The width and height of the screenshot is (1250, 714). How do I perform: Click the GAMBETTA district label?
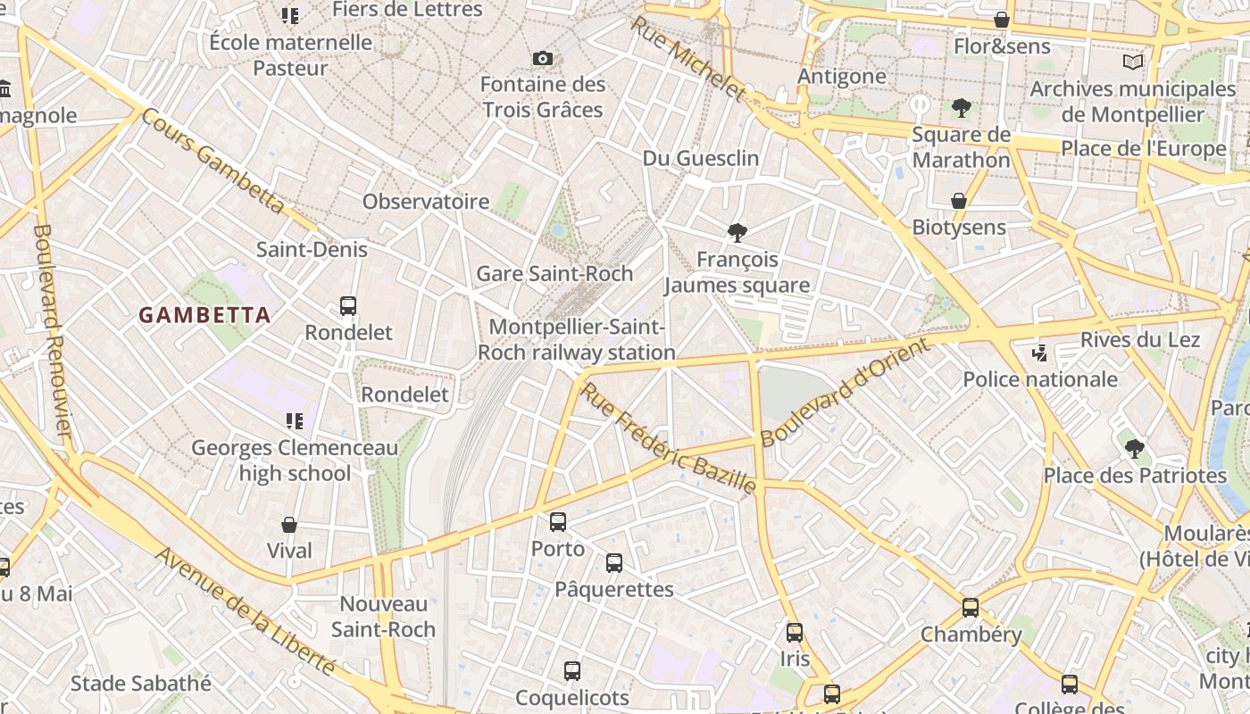[x=204, y=314]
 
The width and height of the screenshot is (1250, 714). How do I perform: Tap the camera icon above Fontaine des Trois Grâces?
[x=542, y=59]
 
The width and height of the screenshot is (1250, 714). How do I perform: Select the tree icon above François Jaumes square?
[x=737, y=233]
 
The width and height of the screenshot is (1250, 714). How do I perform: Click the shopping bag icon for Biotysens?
[x=959, y=201]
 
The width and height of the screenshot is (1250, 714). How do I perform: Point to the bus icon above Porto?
[x=558, y=522]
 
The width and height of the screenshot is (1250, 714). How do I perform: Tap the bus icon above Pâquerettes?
[x=614, y=563]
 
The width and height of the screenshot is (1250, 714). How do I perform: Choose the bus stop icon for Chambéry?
[x=971, y=608]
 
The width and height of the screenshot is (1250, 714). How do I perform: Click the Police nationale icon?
[x=1039, y=353]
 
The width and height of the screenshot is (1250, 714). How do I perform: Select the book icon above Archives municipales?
[x=1133, y=62]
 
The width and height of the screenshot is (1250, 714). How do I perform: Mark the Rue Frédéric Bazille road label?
[x=668, y=437]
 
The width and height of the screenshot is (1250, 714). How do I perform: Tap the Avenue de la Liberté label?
[x=246, y=611]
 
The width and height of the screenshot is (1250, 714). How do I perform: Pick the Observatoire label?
[x=426, y=202]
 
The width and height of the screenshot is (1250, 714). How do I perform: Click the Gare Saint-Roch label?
[x=554, y=274]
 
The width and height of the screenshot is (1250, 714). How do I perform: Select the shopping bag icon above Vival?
[x=289, y=525]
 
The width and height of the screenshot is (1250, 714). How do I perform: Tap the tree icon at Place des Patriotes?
[x=1134, y=448]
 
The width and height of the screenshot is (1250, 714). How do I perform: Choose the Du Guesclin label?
[x=701, y=158]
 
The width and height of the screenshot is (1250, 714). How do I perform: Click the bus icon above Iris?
[x=795, y=633]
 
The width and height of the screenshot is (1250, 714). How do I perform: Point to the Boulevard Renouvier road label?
[x=52, y=330]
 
